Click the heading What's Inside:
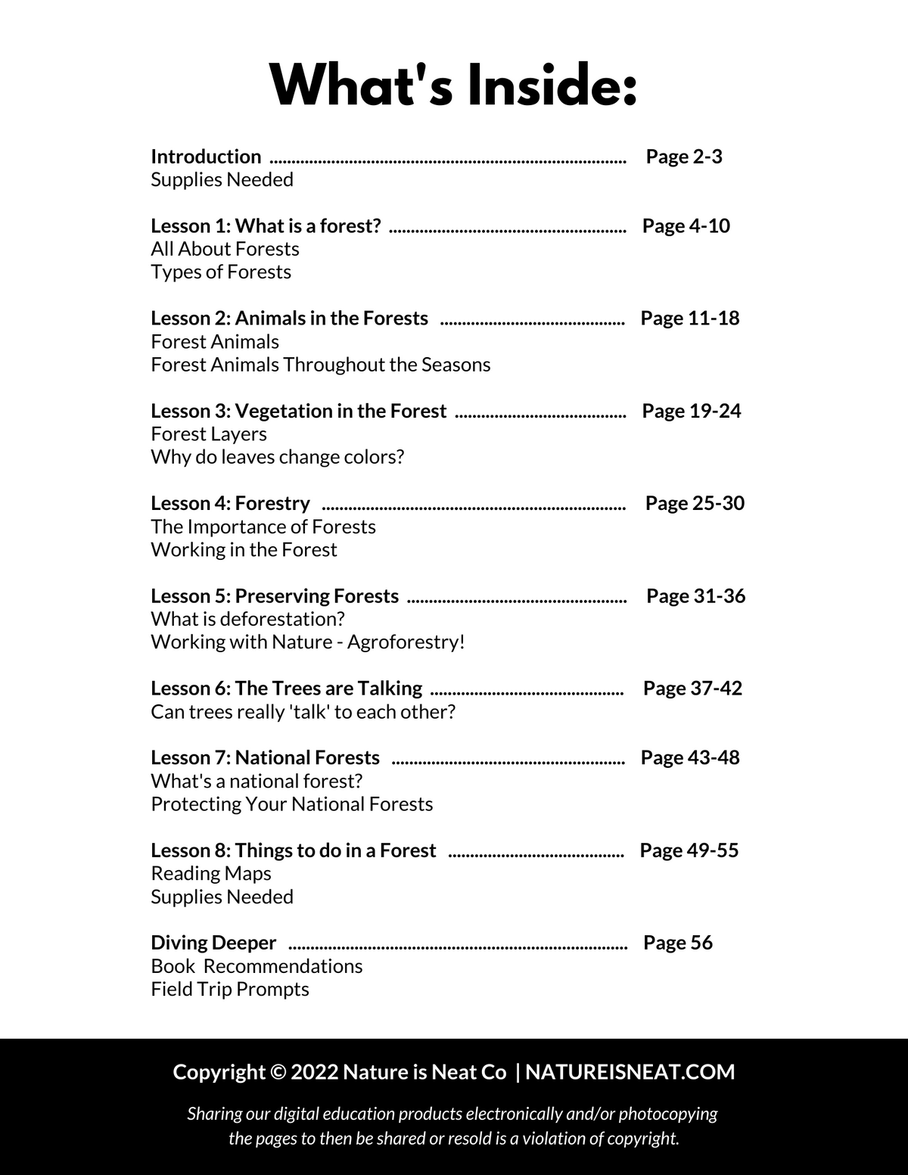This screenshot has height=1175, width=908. (x=454, y=85)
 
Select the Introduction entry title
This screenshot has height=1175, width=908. (x=206, y=157)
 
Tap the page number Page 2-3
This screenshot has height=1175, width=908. (x=684, y=157)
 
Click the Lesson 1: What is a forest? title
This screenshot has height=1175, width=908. (x=266, y=225)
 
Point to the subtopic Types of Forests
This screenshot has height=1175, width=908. (x=221, y=272)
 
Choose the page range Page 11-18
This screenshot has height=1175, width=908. (x=690, y=318)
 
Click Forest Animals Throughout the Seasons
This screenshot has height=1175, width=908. (x=321, y=365)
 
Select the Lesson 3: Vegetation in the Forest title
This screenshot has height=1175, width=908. (x=299, y=411)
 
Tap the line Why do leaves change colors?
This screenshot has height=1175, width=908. (x=278, y=457)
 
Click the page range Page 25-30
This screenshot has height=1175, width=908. (x=695, y=503)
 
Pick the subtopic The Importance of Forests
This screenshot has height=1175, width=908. (x=263, y=527)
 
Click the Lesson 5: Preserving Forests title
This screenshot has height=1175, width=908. (x=275, y=596)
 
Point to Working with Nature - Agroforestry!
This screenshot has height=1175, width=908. (x=308, y=642)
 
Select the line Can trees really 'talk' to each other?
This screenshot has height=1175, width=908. (x=303, y=712)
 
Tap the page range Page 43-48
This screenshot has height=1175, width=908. (x=690, y=757)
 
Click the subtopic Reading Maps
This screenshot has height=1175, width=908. (x=211, y=873)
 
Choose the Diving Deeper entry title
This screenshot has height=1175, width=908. (x=213, y=943)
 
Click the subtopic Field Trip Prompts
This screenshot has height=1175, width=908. (x=230, y=989)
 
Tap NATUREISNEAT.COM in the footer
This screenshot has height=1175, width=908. (x=630, y=1072)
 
